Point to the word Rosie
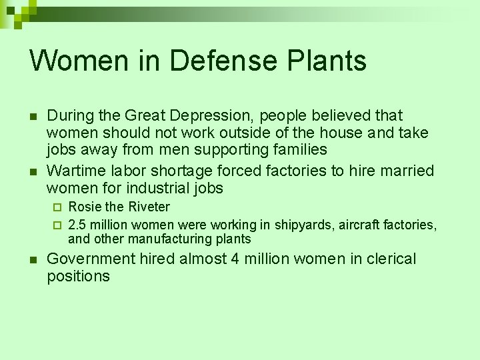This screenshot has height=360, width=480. pos(84,207)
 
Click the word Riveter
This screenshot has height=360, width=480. pos(149,207)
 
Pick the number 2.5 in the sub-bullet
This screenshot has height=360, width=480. pos(78,225)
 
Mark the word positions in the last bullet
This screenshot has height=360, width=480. pos(78,277)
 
